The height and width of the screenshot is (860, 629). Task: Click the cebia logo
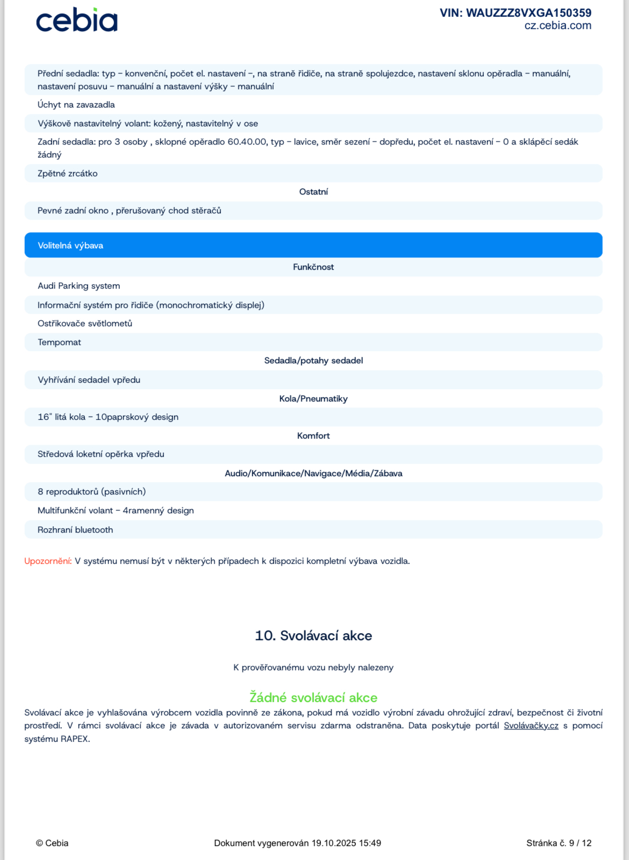coord(76,20)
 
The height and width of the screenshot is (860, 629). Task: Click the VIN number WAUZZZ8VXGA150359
coord(515,13)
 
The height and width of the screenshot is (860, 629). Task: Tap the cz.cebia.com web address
coord(557,26)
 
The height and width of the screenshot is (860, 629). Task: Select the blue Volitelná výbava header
coord(70,246)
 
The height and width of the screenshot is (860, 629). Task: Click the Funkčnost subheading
coord(313,267)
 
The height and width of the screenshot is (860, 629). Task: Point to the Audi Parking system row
coord(78,286)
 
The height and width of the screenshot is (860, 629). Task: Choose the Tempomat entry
coord(59,342)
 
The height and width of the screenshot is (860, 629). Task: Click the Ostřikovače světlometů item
coord(85,324)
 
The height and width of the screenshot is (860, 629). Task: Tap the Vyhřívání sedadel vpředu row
coord(89,380)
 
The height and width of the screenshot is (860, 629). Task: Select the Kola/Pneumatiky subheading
coord(313,399)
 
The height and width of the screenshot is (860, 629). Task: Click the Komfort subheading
coord(313,436)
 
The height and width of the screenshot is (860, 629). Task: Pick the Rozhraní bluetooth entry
coord(75,530)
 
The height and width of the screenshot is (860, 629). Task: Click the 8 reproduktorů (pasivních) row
coord(91,492)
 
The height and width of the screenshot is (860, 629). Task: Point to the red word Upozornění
coord(48,561)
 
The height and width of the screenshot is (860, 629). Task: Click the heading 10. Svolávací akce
coord(313,636)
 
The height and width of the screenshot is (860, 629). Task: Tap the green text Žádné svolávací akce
coord(313,698)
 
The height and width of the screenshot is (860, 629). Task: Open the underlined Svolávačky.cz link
coord(531,726)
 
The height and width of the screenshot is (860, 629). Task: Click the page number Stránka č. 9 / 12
coord(559,843)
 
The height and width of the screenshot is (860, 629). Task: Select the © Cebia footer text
coord(52,843)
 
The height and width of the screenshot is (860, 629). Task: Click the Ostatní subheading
coord(313,192)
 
